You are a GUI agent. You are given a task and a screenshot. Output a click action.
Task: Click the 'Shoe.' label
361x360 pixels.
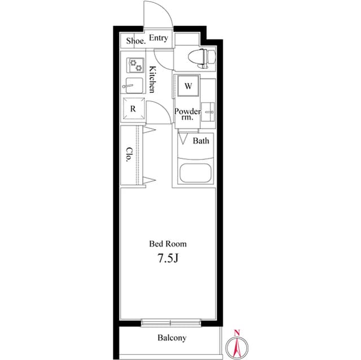(136, 41)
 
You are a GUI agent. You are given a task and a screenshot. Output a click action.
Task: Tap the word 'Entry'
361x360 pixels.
(159, 38)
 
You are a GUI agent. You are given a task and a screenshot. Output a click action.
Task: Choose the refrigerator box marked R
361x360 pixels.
(134, 109)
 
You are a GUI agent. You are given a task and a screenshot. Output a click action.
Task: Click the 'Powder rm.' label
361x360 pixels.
(187, 114)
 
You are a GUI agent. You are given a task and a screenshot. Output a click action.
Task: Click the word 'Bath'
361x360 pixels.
(201, 141)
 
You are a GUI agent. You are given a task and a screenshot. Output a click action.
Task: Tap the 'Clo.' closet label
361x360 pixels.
(129, 155)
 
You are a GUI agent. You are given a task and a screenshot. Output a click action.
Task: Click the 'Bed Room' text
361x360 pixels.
(168, 244)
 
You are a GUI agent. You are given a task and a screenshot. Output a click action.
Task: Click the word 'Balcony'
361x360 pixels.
(171, 338)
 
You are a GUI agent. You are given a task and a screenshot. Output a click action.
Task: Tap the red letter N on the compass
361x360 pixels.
(237, 332)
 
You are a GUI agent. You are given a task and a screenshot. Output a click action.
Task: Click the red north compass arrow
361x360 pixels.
(237, 345)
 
